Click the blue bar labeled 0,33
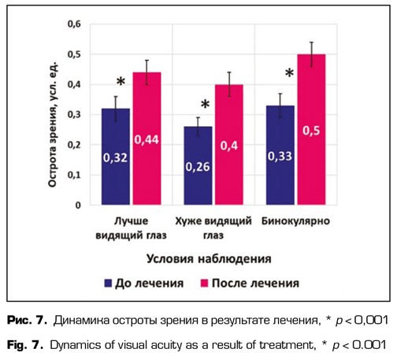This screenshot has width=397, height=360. [x=275, y=156]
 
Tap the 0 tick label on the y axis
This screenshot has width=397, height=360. [x=79, y=206]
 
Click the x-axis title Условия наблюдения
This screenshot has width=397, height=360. [x=208, y=258]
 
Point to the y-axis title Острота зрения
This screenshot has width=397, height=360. [x=56, y=114]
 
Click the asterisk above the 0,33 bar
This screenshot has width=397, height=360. [x=289, y=73]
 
